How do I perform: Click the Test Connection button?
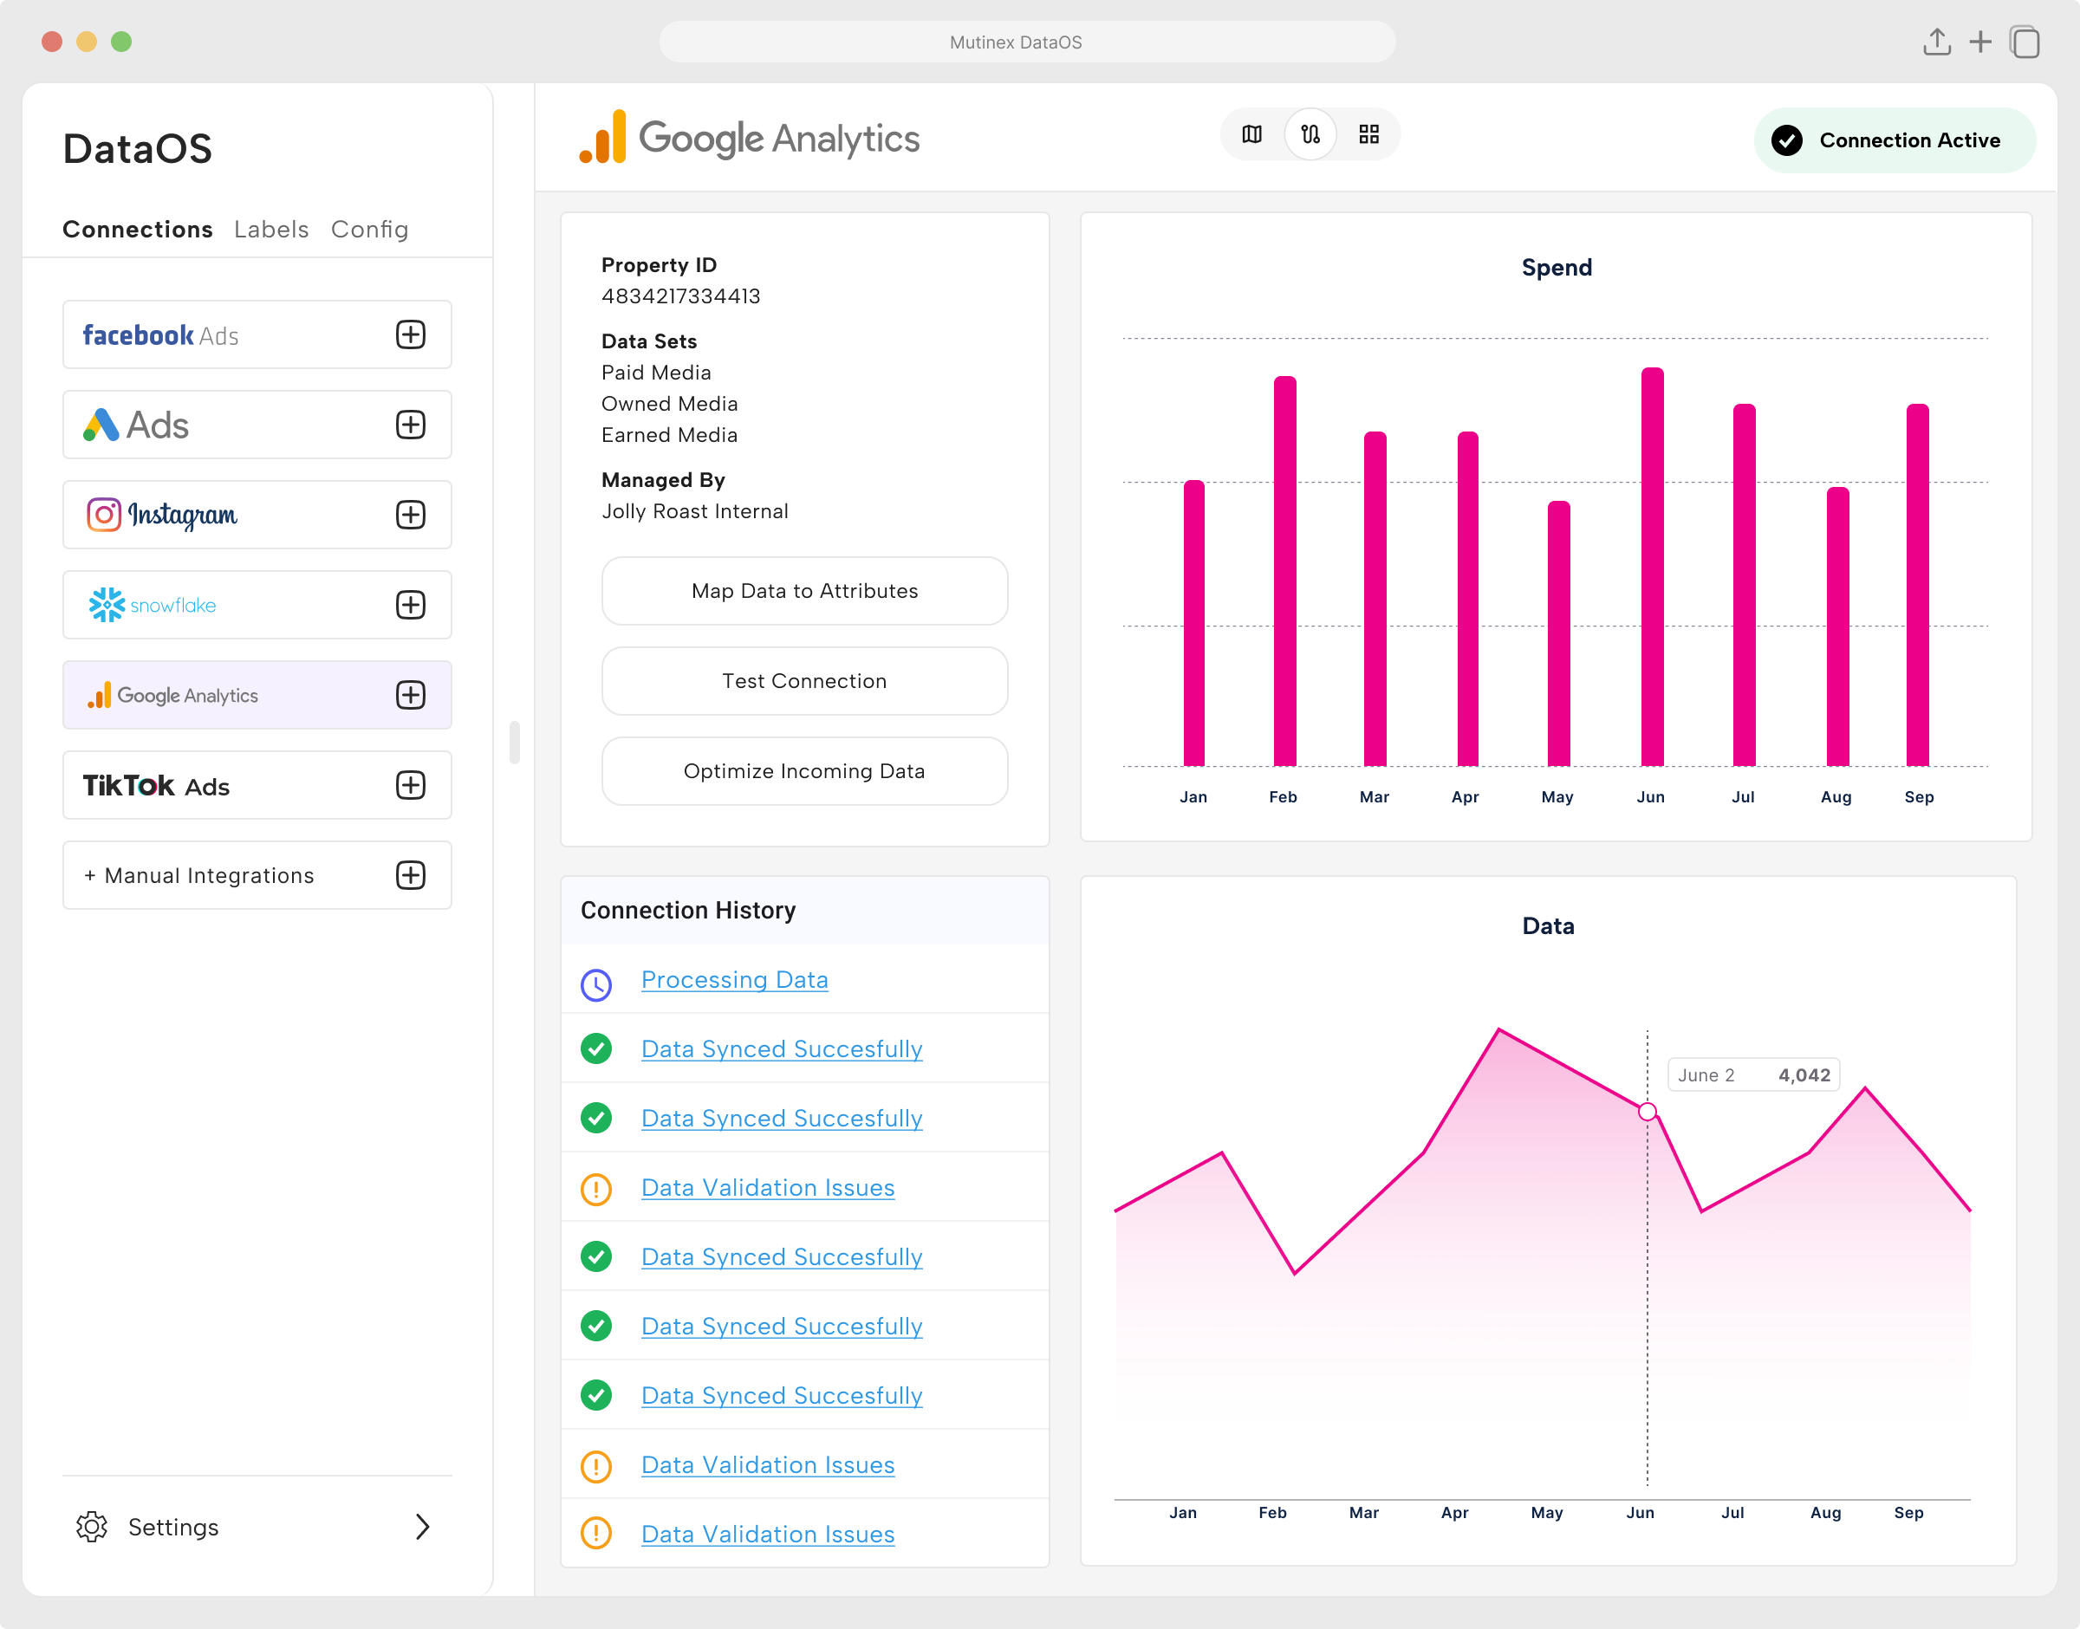(x=804, y=681)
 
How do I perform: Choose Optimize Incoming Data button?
(x=804, y=770)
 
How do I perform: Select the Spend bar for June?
(x=1652, y=568)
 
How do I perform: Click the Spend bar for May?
(x=1558, y=634)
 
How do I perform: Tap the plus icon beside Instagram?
(x=410, y=515)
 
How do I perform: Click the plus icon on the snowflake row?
(x=410, y=605)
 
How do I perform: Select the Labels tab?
(x=271, y=230)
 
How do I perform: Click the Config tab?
(x=369, y=230)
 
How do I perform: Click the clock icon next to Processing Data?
(x=596, y=984)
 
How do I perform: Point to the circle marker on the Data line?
(x=1647, y=1111)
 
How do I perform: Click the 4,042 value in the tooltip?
(x=1804, y=1074)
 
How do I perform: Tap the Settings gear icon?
(x=93, y=1527)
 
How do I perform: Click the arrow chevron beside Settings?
(x=422, y=1527)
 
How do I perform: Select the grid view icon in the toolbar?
(x=1368, y=134)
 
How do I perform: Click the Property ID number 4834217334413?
(x=681, y=295)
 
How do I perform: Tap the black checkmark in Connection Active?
(x=1786, y=140)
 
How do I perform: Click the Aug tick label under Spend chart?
(x=1835, y=796)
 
